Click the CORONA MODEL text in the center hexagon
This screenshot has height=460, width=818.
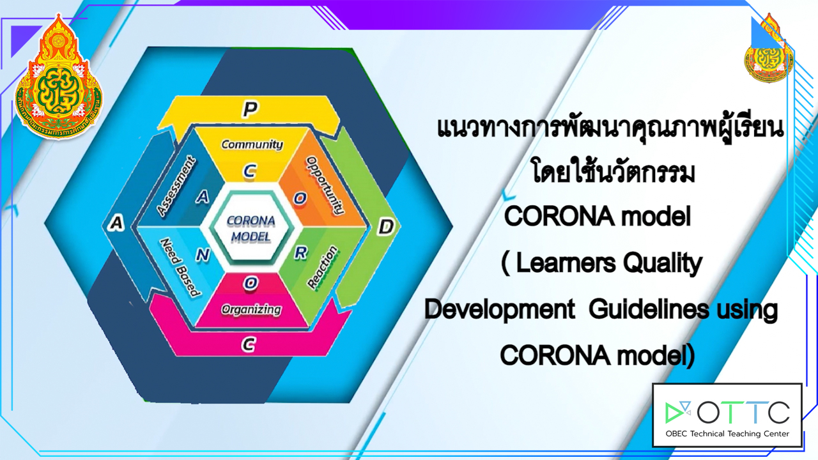[251, 229]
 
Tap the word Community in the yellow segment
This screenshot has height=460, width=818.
[252, 144]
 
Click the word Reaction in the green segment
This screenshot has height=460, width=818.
[322, 268]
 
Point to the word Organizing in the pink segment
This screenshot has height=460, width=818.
[251, 310]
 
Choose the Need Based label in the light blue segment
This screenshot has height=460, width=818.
[180, 268]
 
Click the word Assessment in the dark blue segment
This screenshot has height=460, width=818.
[176, 186]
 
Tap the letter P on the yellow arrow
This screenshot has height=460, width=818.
[251, 109]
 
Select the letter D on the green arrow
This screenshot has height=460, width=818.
[386, 227]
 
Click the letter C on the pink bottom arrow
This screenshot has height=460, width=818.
[249, 344]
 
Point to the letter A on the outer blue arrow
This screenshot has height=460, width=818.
[116, 223]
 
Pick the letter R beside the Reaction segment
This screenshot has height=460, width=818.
[301, 252]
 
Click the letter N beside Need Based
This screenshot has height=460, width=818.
[203, 254]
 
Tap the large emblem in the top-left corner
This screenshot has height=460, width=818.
[58, 77]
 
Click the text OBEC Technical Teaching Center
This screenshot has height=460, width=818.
[727, 434]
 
